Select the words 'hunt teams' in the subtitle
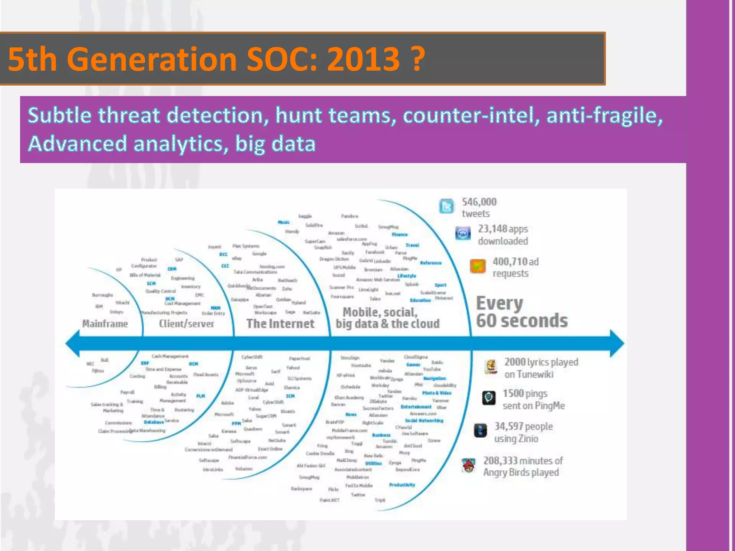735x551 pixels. click(333, 116)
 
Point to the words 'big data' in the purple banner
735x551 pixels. click(275, 143)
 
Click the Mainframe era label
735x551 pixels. click(105, 324)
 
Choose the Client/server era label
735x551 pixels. click(187, 324)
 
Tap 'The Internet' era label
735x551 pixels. click(280, 324)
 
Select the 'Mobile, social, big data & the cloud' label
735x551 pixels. click(387, 318)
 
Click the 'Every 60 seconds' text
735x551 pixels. click(521, 312)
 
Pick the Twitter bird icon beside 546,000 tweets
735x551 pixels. click(446, 206)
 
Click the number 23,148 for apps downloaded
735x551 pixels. click(492, 229)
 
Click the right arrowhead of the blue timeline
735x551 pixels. click(617, 343)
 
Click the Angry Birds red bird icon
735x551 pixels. click(468, 466)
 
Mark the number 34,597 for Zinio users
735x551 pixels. click(509, 426)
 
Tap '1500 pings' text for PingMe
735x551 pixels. click(525, 394)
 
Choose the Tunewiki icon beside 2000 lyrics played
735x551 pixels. click(491, 367)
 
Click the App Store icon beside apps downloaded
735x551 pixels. click(463, 234)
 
